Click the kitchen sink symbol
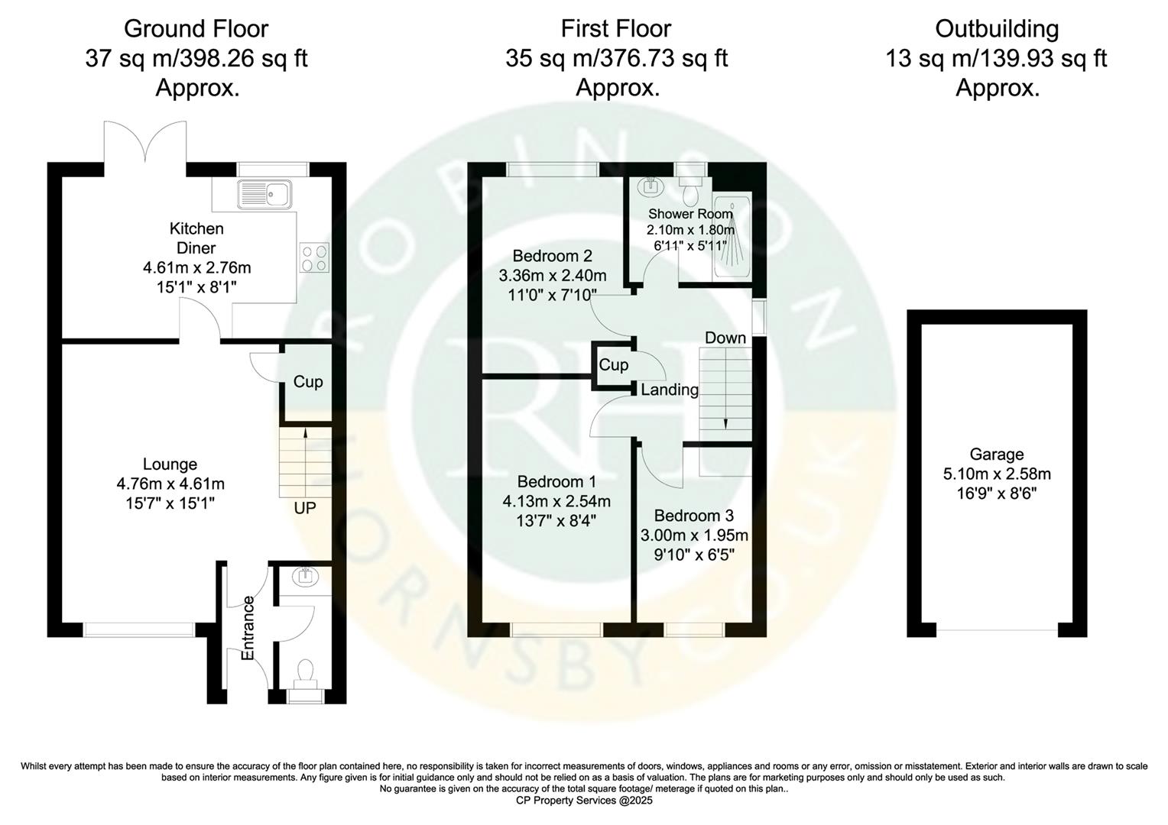pos(264,194)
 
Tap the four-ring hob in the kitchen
pos(314,257)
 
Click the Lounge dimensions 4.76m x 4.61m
pos(170,484)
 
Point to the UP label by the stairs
pos(305,508)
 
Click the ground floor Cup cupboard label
pos(308,382)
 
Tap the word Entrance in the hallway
pos(248,628)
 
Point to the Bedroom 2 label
pos(552,256)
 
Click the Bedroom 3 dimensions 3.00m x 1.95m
pos(694,535)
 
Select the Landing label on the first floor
pos(670,390)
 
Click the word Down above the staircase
pos(725,338)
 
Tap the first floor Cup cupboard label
pos(613,365)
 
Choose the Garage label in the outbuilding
pos(996,455)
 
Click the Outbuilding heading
pos(997,29)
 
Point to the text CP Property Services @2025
pos(585,801)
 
